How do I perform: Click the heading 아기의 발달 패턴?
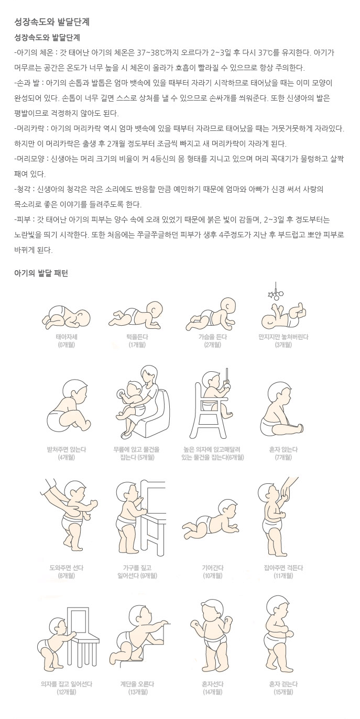41,273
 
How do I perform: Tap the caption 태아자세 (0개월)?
67,341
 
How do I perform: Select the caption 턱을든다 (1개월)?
137,341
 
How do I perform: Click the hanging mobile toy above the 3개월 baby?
276,292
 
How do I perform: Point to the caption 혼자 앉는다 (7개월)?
283,453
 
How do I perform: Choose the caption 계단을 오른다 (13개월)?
137,688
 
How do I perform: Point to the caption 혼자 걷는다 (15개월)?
283,688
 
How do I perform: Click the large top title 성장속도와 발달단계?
52,22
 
